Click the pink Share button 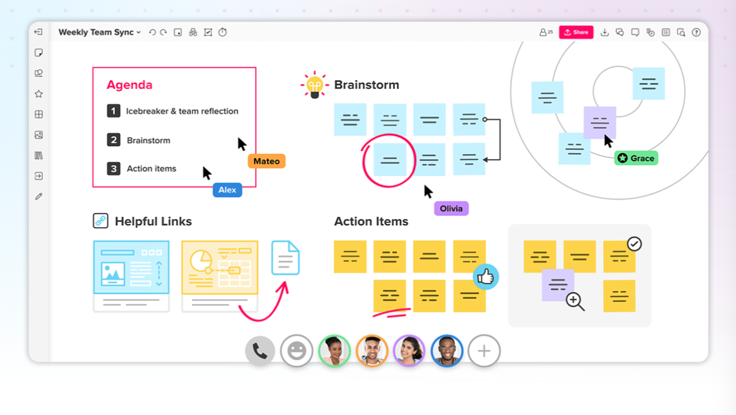(576, 32)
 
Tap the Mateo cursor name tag (266, 161)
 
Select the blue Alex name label (227, 190)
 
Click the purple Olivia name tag (451, 209)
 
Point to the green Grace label (636, 159)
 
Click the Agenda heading (130, 85)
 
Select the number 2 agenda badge (114, 140)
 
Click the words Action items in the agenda (152, 169)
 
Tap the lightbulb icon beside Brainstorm (315, 85)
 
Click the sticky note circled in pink (390, 160)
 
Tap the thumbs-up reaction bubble (486, 277)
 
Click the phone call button (260, 351)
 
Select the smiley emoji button (297, 351)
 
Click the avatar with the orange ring (372, 351)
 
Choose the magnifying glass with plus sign (575, 301)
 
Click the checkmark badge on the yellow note (634, 244)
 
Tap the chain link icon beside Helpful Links (101, 221)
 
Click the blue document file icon (286, 258)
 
